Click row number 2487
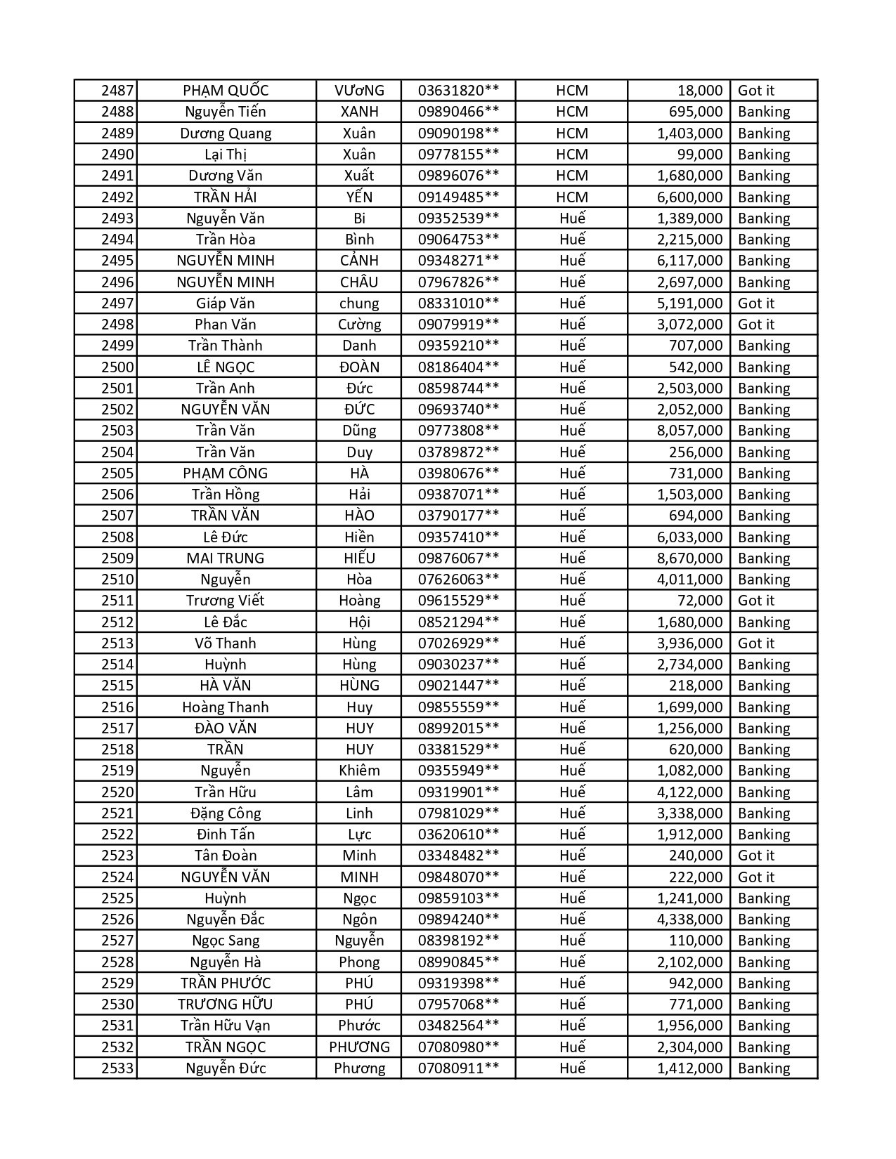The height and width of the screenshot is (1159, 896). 117,91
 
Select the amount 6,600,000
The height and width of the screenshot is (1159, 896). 689,197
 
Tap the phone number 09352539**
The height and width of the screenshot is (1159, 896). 458,218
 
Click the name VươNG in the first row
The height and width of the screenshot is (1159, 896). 359,91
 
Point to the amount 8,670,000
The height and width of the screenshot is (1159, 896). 689,558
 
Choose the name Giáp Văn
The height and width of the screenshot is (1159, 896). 225,303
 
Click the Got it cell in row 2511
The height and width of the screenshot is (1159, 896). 755,601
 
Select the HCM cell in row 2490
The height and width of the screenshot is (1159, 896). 571,155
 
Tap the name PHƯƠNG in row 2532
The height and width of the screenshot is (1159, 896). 359,1047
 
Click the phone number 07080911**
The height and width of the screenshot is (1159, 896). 458,1068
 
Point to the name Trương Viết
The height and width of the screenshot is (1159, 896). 225,601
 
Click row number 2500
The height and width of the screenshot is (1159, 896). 117,367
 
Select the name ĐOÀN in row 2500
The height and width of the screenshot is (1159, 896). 359,367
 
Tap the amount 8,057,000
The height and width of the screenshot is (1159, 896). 689,431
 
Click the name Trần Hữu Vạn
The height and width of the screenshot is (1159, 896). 225,1026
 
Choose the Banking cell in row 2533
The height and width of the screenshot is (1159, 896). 764,1068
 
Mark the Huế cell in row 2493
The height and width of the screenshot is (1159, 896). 572,218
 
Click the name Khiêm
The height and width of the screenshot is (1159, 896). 359,771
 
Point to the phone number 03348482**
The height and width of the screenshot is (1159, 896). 458,856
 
